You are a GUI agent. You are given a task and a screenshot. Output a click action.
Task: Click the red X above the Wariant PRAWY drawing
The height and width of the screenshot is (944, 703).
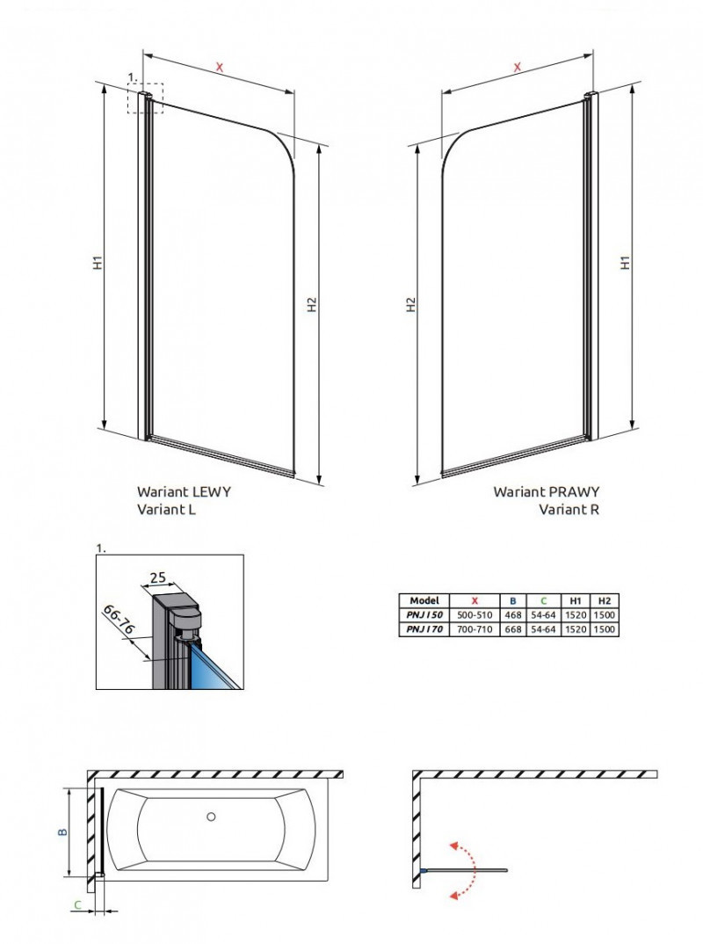[x=518, y=66]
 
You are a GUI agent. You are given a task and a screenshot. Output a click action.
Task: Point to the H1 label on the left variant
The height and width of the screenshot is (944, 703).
[x=98, y=262]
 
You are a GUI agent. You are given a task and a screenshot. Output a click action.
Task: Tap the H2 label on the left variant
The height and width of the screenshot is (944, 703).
[x=311, y=304]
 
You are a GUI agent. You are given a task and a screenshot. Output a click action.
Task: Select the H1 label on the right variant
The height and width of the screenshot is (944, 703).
[x=625, y=262]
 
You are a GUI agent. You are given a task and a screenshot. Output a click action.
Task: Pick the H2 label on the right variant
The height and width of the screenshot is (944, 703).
[x=409, y=304]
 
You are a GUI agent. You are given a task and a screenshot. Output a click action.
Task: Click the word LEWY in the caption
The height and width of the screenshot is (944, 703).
[x=210, y=492]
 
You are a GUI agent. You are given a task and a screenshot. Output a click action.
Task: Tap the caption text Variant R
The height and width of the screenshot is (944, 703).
[x=569, y=509]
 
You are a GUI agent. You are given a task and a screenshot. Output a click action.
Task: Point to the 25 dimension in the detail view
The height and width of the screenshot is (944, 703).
[x=159, y=577]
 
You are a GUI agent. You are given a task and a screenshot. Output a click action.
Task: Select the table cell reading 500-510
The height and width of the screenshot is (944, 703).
[x=475, y=614]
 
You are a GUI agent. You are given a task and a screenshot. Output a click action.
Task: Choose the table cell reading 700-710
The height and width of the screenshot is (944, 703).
[x=475, y=629]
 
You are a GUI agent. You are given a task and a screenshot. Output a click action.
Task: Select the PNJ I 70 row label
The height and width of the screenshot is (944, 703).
[x=424, y=629]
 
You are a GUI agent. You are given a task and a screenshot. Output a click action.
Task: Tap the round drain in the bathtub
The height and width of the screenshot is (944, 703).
[x=211, y=817]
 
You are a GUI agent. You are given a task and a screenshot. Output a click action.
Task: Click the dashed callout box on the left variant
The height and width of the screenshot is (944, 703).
[x=143, y=100]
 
